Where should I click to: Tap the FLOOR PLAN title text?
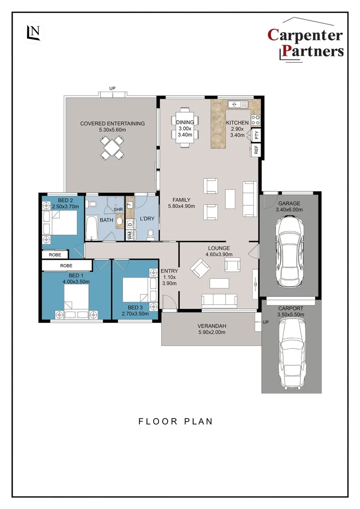point(175,421)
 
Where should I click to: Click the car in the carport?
point(292,353)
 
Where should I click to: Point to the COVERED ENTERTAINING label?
point(112,123)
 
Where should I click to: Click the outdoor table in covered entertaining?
point(113,147)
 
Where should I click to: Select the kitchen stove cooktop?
point(255,120)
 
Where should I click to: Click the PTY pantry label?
point(256,135)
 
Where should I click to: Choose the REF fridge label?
point(256,150)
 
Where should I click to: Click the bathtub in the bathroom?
point(91,229)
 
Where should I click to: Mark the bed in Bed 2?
point(61,222)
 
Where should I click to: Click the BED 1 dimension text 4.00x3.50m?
point(76,281)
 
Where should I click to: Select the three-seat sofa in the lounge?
point(219,300)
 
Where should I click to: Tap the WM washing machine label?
point(130,235)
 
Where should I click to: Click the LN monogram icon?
point(34,32)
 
